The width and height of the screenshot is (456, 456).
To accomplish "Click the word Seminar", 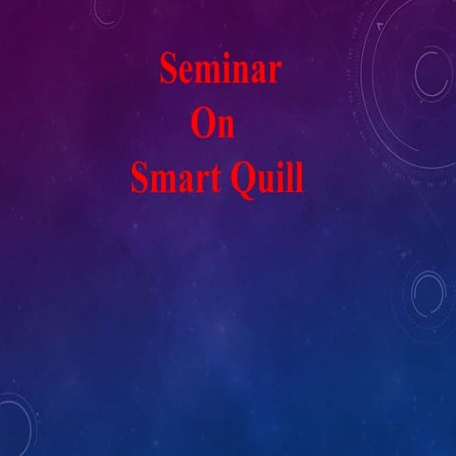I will pyautogui.click(x=219, y=70).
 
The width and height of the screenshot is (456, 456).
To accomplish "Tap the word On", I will pyautogui.click(x=213, y=124).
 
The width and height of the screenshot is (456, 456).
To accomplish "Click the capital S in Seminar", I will pyautogui.click(x=167, y=70).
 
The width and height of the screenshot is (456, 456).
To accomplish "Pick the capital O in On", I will pyautogui.click(x=203, y=124).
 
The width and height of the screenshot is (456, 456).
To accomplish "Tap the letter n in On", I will pyautogui.click(x=225, y=127).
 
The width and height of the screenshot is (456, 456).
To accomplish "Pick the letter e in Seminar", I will pyautogui.click(x=186, y=73).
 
